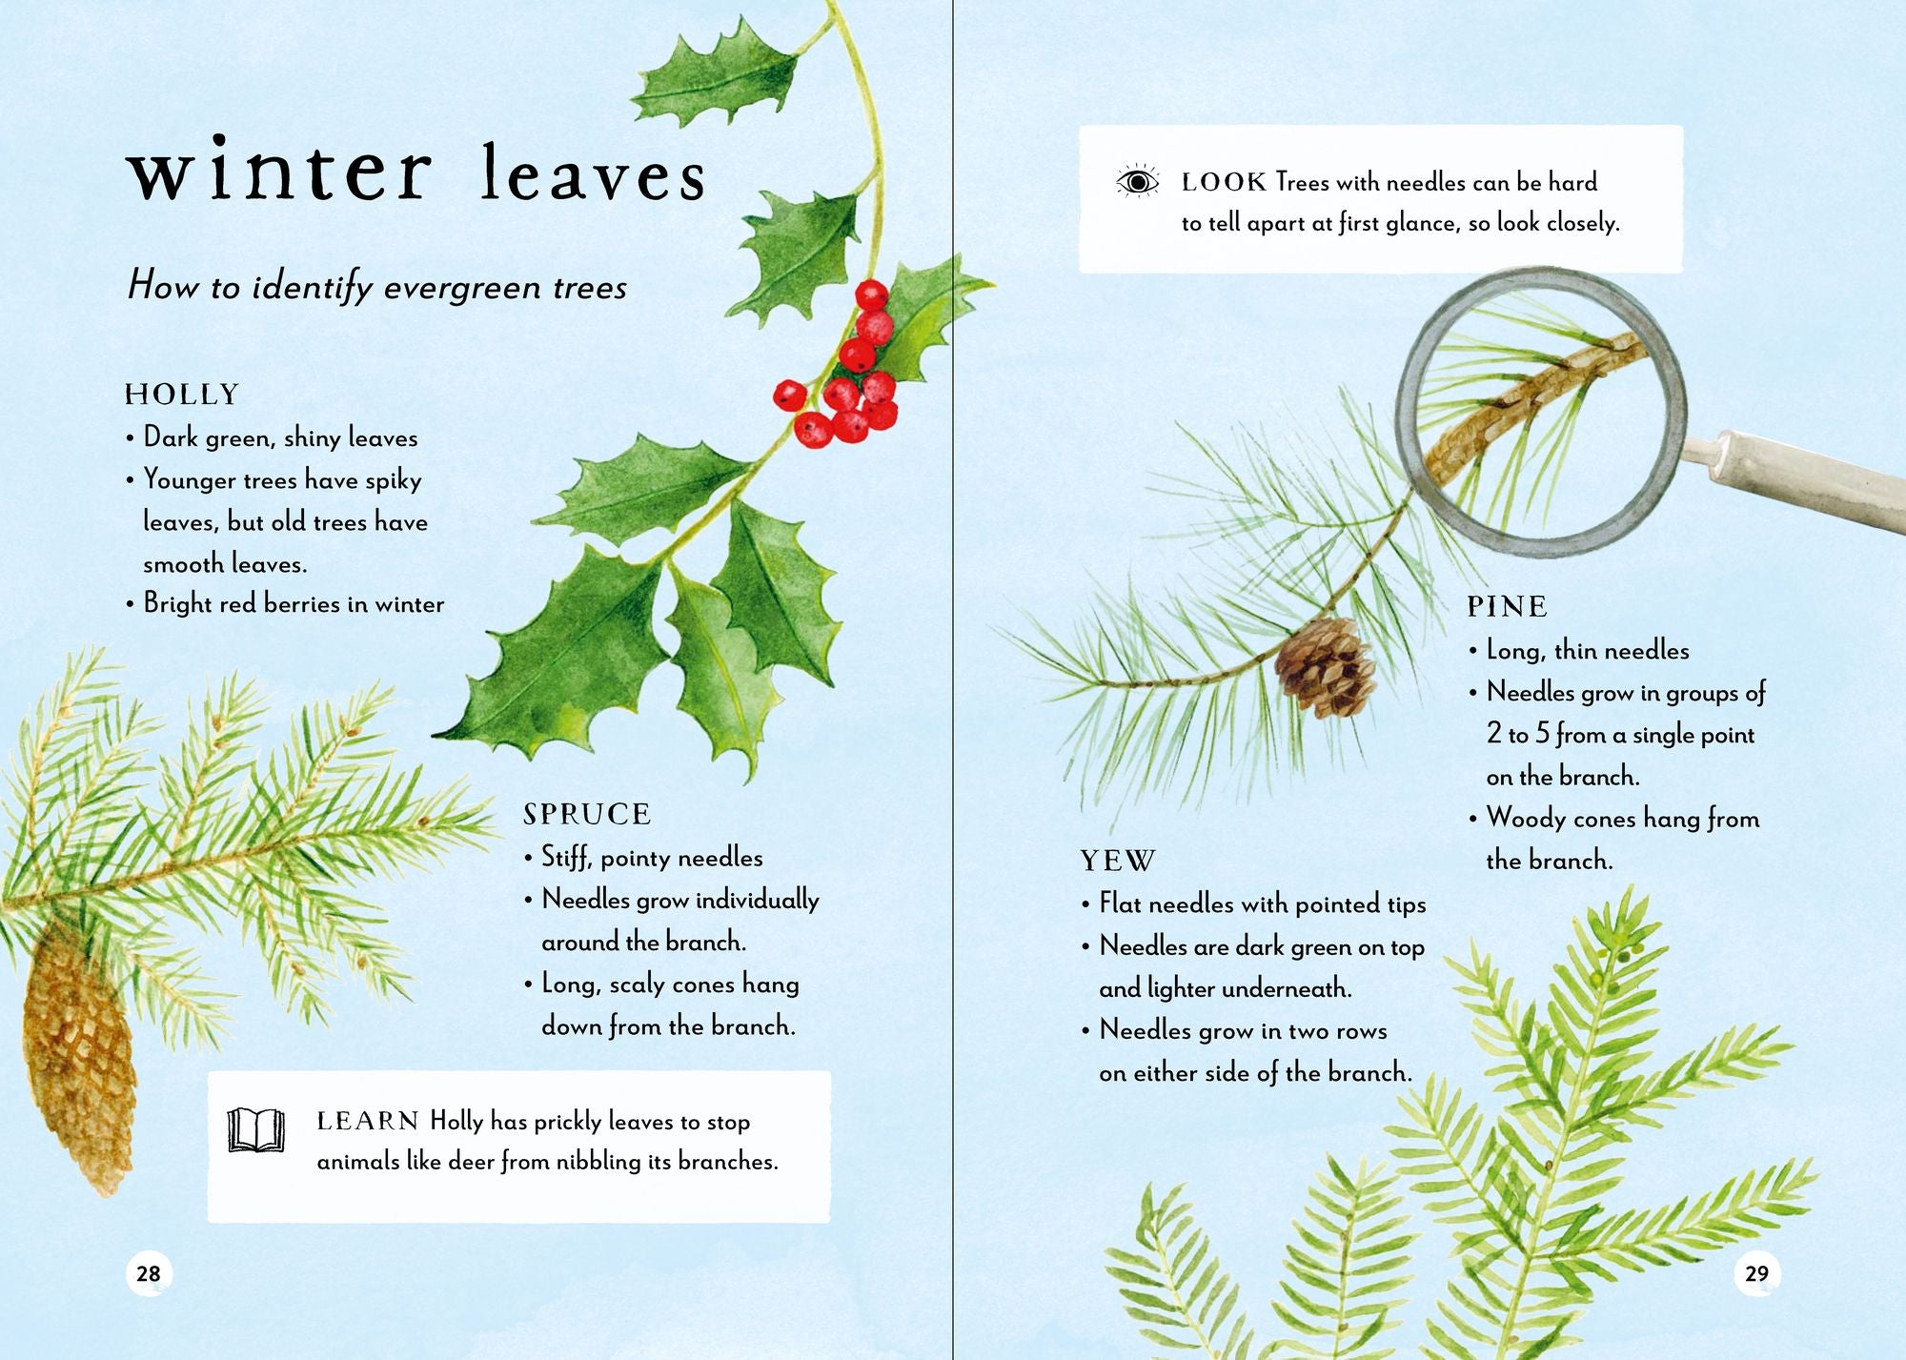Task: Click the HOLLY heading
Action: click(181, 395)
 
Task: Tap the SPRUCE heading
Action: click(587, 814)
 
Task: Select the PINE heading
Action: click(1507, 606)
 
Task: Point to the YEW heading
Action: click(1118, 862)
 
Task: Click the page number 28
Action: click(149, 1273)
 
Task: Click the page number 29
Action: click(1756, 1273)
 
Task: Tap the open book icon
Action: click(256, 1129)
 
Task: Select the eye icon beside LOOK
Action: click(1137, 181)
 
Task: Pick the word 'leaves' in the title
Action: click(593, 173)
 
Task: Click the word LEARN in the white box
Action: click(368, 1121)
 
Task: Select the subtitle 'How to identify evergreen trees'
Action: click(377, 286)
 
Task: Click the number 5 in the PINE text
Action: click(1543, 734)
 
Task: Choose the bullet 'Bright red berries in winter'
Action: click(286, 603)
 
